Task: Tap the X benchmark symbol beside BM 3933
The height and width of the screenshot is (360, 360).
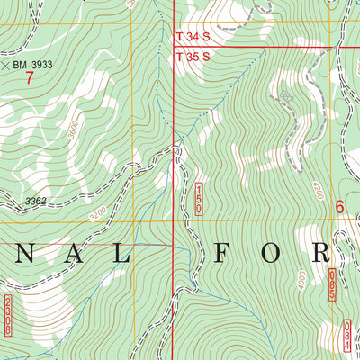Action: [7, 65]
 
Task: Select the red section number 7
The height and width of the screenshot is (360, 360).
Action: [29, 78]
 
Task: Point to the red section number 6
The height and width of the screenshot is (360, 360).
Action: [340, 206]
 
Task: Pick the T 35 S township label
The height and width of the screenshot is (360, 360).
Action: [193, 57]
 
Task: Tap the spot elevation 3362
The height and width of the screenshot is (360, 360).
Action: [36, 202]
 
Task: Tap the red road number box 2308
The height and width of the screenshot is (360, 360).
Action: [9, 315]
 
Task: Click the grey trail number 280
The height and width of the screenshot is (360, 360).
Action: [286, 96]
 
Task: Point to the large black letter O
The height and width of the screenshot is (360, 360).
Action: [271, 253]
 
